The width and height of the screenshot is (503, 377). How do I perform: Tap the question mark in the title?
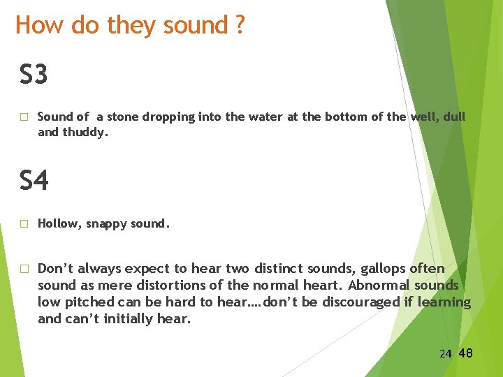click(x=240, y=25)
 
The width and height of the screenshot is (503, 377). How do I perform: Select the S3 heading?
click(x=34, y=74)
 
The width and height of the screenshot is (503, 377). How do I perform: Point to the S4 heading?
click(x=34, y=181)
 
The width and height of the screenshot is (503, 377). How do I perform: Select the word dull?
click(x=452, y=117)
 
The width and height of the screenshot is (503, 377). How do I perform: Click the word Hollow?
click(x=59, y=224)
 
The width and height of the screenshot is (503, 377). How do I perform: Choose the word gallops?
click(x=387, y=269)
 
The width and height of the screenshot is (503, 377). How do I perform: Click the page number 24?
click(x=446, y=354)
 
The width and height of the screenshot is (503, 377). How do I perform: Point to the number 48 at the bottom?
click(x=465, y=353)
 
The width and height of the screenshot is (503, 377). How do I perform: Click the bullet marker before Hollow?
click(x=24, y=224)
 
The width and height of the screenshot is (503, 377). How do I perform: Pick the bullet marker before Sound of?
click(x=24, y=117)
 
